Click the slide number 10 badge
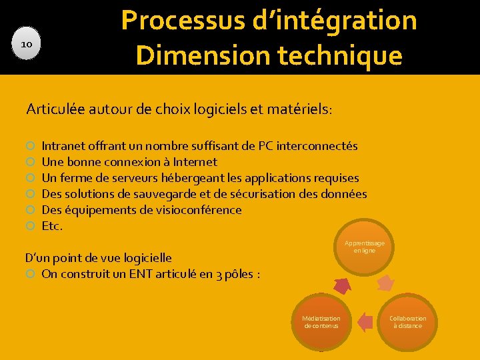(x=27, y=44)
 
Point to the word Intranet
(x=65, y=145)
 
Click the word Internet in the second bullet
(x=195, y=161)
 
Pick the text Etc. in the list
(x=52, y=226)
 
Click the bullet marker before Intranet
(x=31, y=146)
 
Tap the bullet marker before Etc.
(x=31, y=227)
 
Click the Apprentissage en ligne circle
(x=364, y=247)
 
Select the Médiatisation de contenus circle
(x=321, y=322)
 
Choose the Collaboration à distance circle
(x=407, y=322)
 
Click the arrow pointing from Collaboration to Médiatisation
(x=365, y=323)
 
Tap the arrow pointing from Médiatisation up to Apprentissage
(x=342, y=286)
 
